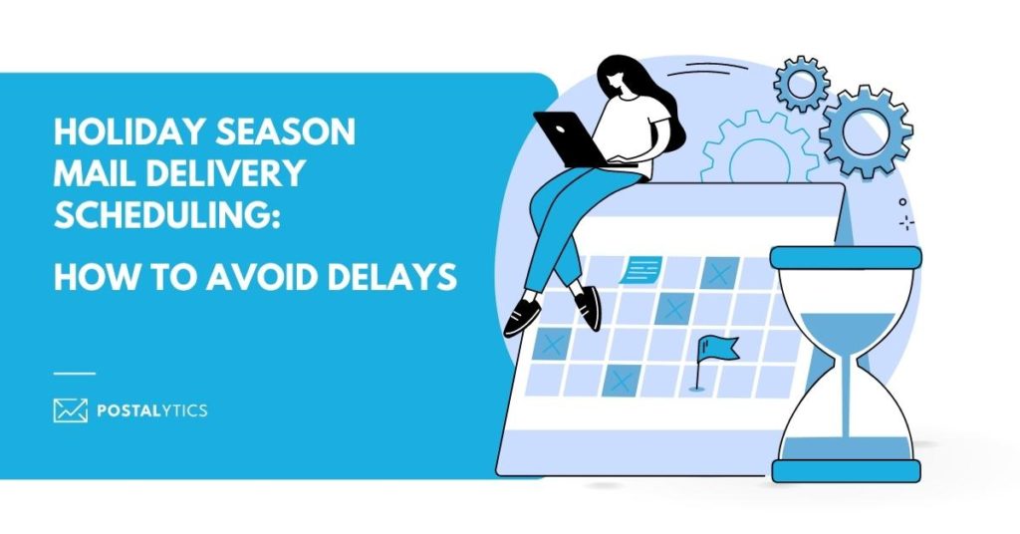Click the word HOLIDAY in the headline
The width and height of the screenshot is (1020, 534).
[x=128, y=133]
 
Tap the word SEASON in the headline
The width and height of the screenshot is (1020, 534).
[x=286, y=133]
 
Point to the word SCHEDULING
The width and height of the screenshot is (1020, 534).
[x=166, y=214]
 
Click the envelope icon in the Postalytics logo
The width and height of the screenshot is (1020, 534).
[x=71, y=410]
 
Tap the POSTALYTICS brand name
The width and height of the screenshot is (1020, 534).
[x=152, y=410]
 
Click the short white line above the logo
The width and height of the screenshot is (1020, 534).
[x=75, y=374]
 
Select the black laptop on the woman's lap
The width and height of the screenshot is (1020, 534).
[x=570, y=139]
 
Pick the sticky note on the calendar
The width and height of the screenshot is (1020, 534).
[x=641, y=269]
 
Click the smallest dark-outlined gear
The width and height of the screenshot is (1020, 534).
[x=802, y=84]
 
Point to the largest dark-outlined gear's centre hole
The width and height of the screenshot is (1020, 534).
[x=866, y=132]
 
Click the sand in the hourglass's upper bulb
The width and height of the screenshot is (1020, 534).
[x=847, y=332]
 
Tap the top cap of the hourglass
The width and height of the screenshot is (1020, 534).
[x=846, y=257]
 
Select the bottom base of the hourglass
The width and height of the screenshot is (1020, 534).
[x=847, y=470]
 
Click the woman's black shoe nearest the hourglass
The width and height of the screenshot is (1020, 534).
[x=587, y=307]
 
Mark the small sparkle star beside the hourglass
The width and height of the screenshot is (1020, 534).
[x=906, y=223]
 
